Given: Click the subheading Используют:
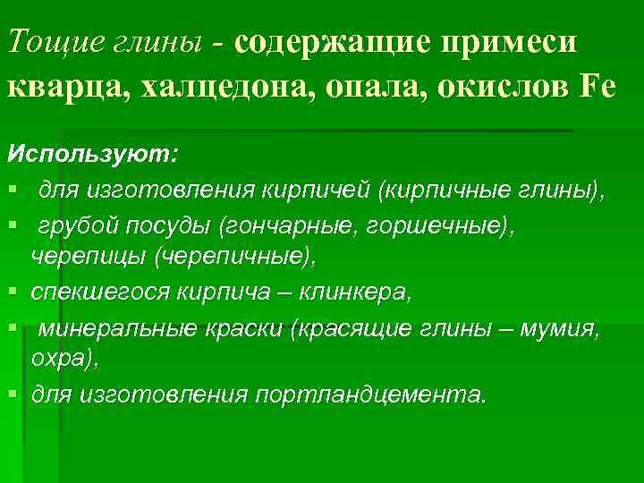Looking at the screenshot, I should tap(93, 153).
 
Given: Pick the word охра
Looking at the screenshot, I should tap(58, 360).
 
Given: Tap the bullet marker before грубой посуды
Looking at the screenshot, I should tap(12, 224).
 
